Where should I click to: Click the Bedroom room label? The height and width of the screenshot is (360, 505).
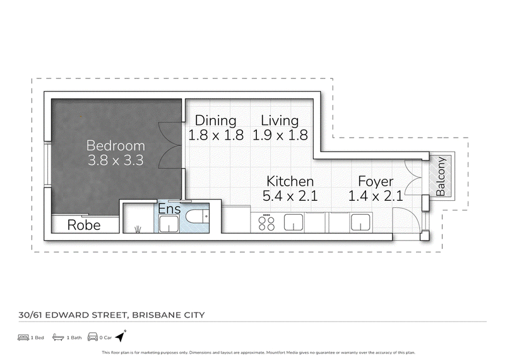point(116,146)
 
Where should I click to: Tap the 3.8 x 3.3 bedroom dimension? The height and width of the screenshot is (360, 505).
point(116,160)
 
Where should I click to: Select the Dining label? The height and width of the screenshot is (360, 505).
point(215,121)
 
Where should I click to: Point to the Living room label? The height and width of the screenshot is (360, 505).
point(280,121)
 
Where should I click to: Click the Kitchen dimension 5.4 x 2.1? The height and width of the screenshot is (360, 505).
point(290,196)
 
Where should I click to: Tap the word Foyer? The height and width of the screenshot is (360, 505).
point(376,181)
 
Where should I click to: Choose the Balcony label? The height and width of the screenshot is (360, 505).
point(440,176)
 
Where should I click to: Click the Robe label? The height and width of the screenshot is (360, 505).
point(84,225)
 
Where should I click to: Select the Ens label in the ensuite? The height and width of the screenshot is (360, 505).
point(169,209)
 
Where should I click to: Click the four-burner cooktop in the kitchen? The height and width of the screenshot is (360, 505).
point(266,223)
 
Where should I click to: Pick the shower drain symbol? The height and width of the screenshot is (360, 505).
point(138,229)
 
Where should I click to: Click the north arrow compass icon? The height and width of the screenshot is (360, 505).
point(121,336)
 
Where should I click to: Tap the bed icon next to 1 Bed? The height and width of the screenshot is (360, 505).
point(23,337)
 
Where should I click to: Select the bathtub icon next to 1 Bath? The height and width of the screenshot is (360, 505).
point(58,337)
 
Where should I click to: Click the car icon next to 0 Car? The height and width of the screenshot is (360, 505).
point(93,337)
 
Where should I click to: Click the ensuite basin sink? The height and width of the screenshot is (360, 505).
point(169,224)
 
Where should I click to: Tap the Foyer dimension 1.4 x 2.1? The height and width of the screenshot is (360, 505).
point(376,196)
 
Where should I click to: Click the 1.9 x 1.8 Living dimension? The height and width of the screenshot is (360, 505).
point(280,135)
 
